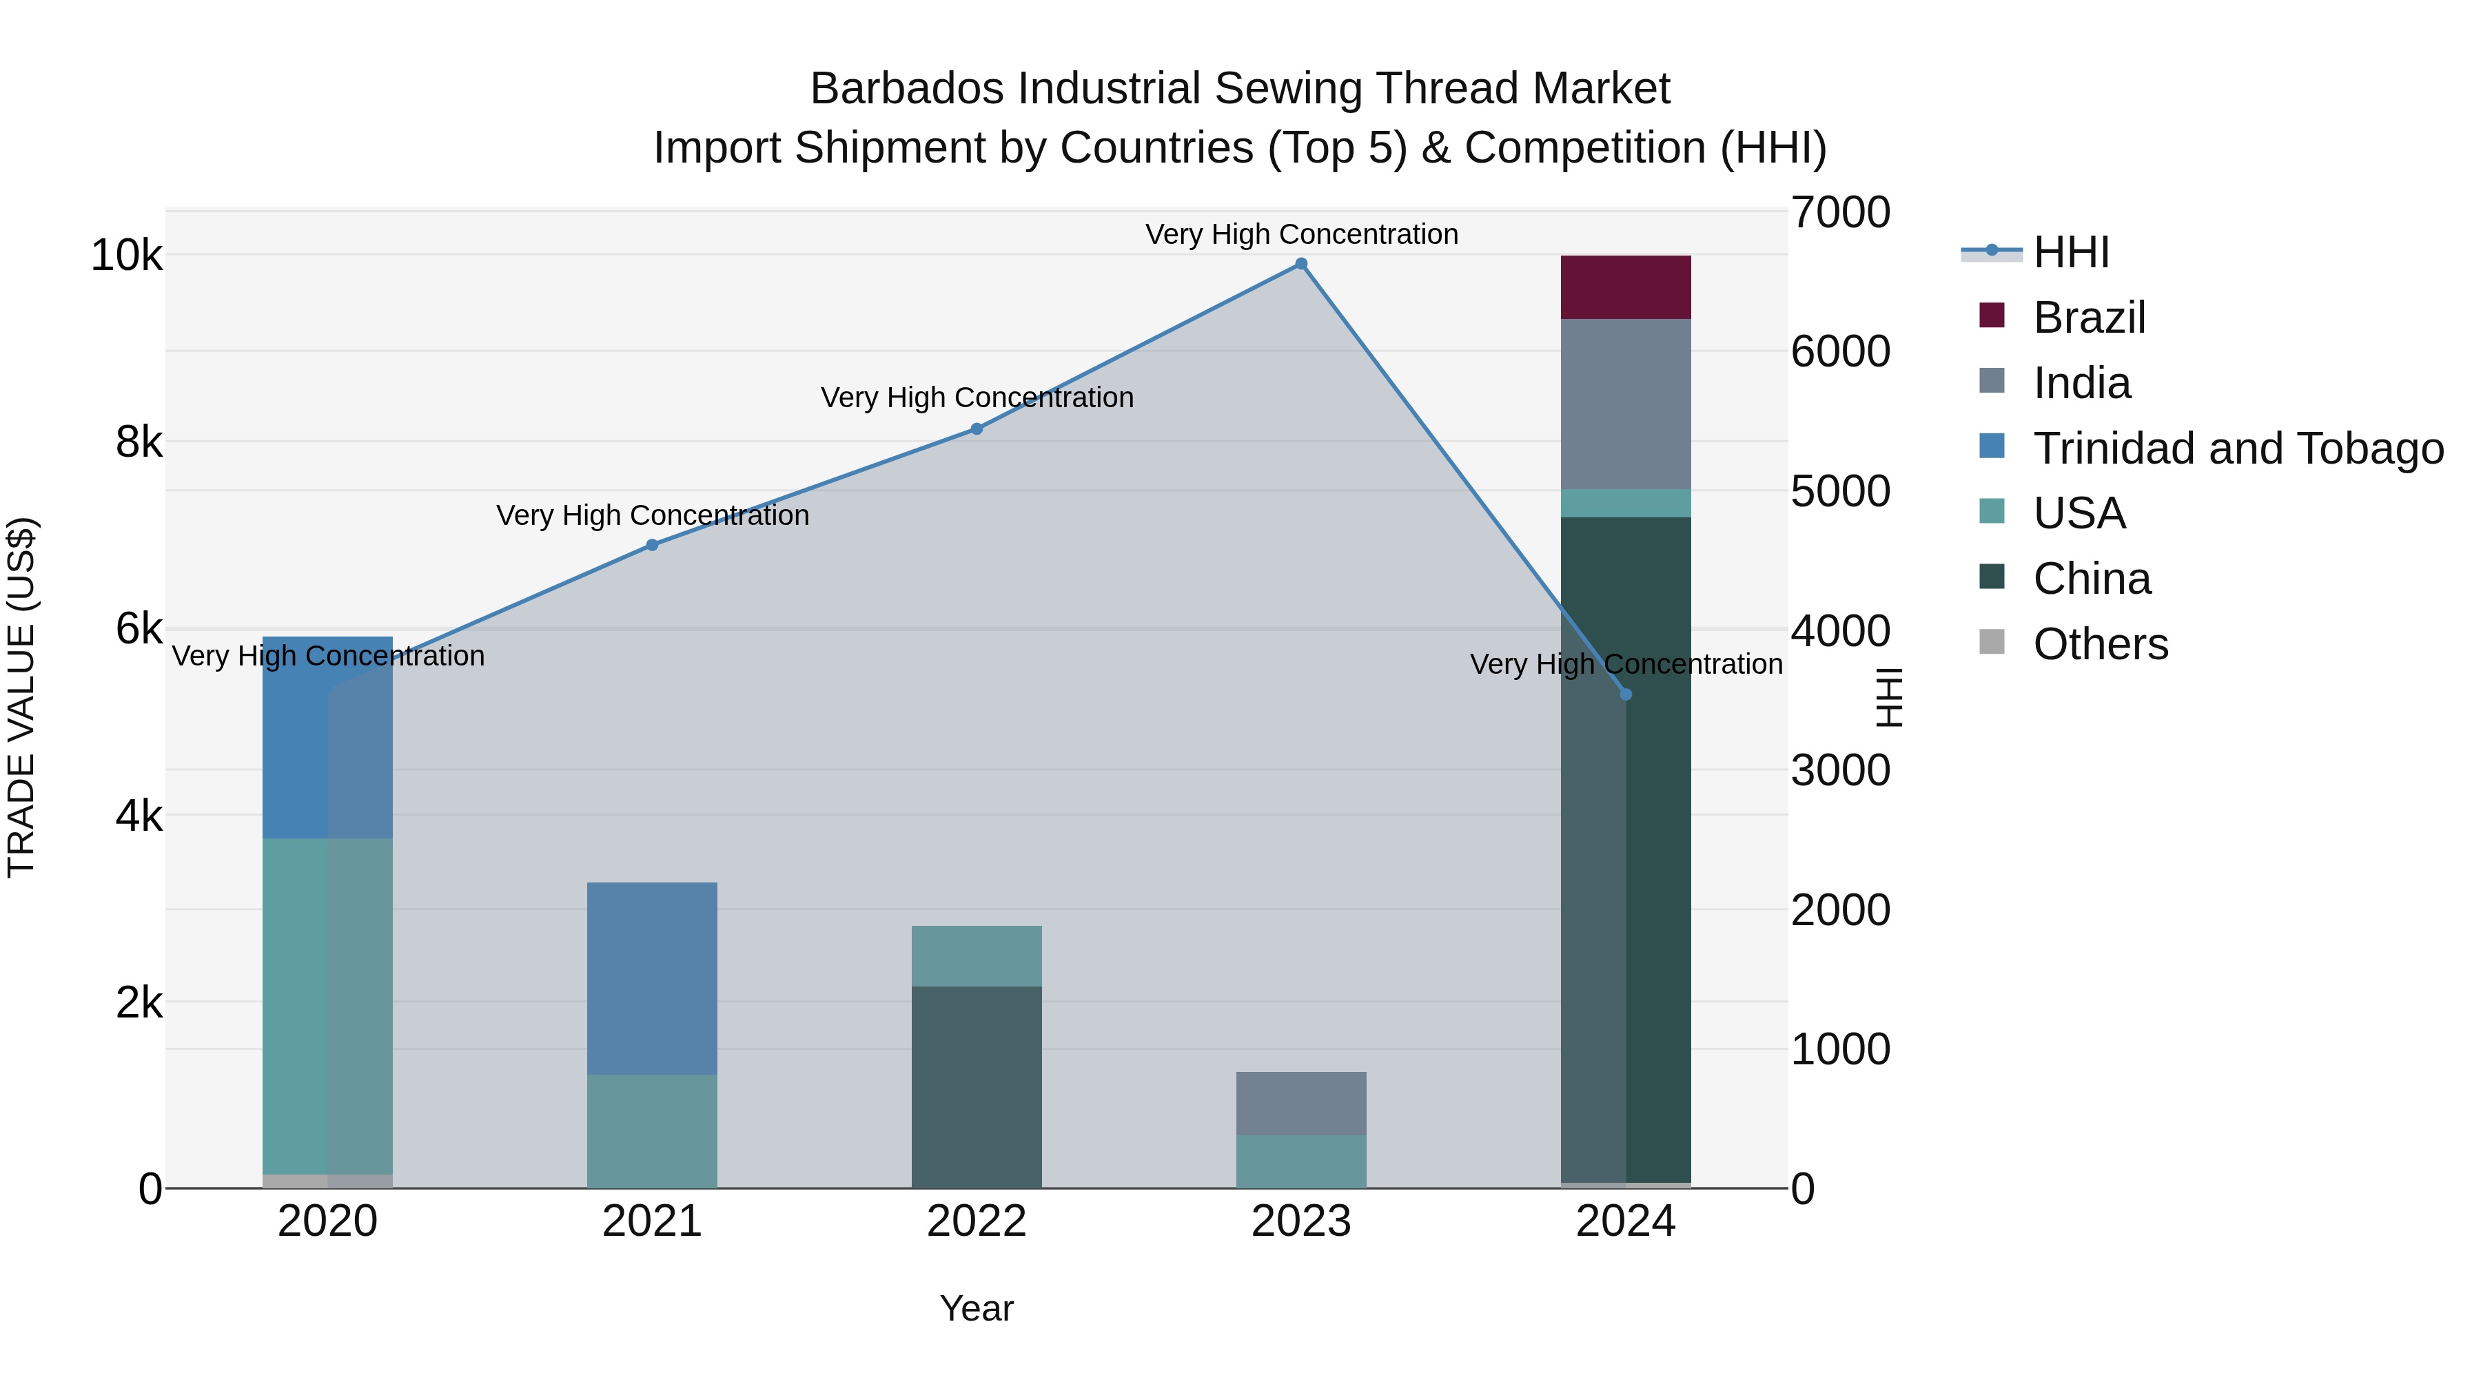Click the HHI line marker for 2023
(1301, 264)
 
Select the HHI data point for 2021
(652, 545)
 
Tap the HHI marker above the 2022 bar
(977, 429)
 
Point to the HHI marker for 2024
(1626, 694)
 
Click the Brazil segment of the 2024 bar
(1626, 287)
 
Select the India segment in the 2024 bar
(1626, 404)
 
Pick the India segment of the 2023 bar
(1301, 1104)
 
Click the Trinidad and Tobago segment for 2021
(652, 978)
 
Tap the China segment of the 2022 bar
(977, 1086)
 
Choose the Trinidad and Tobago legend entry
(2237, 448)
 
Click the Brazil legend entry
(2089, 318)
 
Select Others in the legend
(2100, 644)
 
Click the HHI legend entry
(2071, 252)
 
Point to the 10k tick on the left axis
(126, 256)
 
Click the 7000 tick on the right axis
(1839, 213)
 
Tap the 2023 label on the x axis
(1301, 1221)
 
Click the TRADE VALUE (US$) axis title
(21, 697)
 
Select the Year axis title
(977, 1308)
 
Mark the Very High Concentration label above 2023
(1301, 234)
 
